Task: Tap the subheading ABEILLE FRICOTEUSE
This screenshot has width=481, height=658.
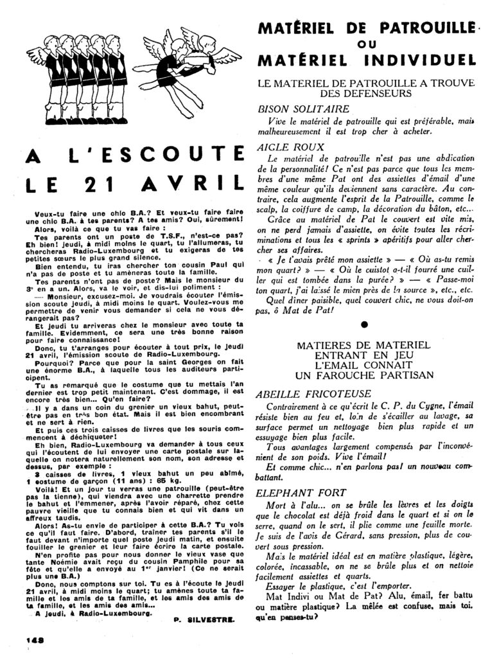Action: point(313,393)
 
